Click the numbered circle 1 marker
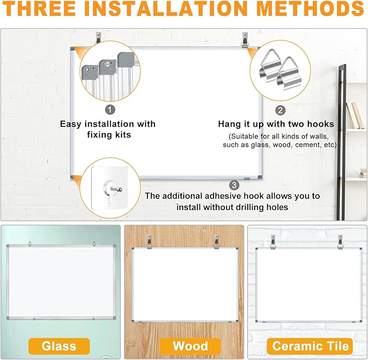(110, 109)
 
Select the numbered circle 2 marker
(280, 110)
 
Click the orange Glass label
(59, 345)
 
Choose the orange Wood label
(190, 345)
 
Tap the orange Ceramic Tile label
(311, 345)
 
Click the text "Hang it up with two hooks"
(276, 124)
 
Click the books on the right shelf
(356, 115)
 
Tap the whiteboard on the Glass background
(59, 282)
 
